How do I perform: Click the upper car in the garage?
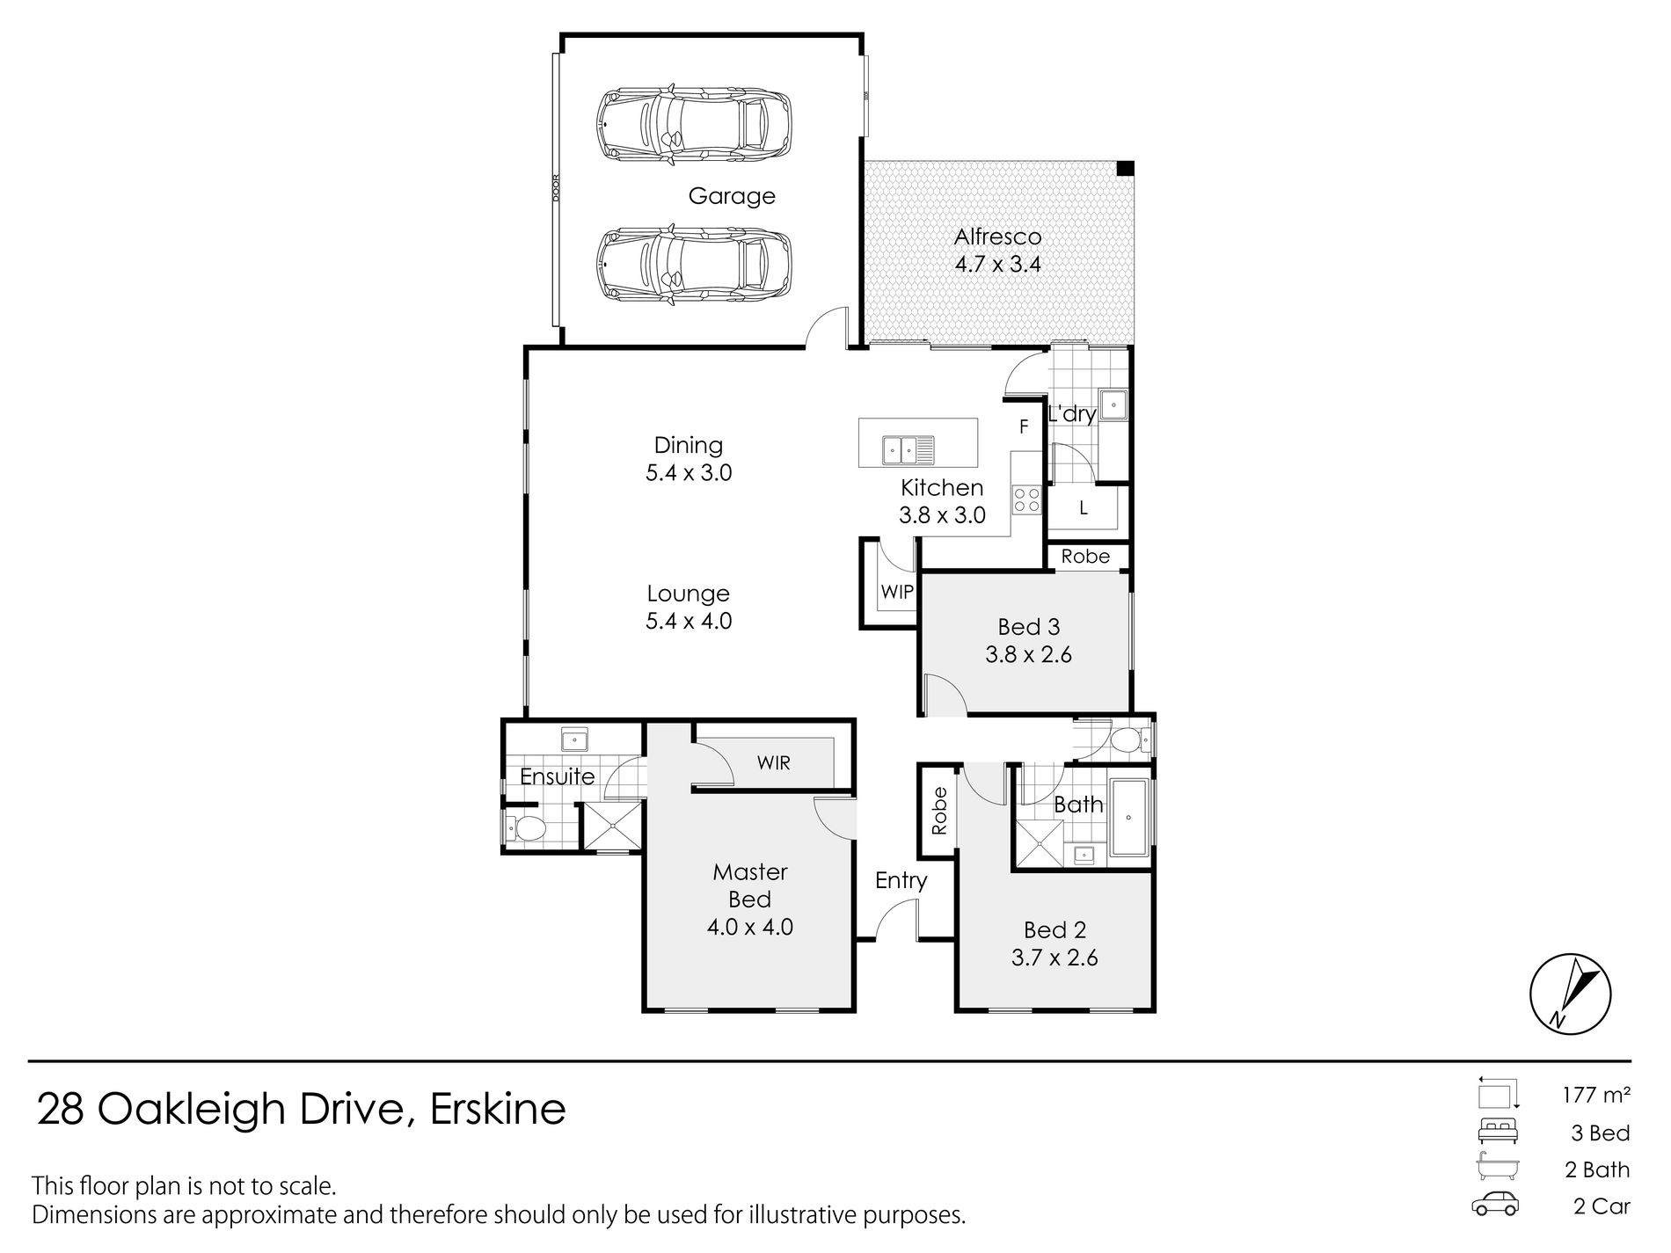(693, 127)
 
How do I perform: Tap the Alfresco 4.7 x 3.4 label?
(997, 250)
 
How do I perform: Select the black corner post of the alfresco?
(1125, 168)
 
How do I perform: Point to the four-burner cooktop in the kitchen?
(1026, 500)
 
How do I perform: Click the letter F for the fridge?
(1024, 427)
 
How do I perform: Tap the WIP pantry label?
(897, 592)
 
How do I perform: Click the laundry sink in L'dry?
(1113, 405)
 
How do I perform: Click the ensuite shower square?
(613, 826)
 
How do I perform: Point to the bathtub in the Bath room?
(1129, 817)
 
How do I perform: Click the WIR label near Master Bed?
(774, 763)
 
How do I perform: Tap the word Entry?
(901, 880)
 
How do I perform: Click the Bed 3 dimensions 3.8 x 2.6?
(1028, 654)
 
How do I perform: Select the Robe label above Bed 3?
(1085, 557)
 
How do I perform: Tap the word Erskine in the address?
(497, 1110)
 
